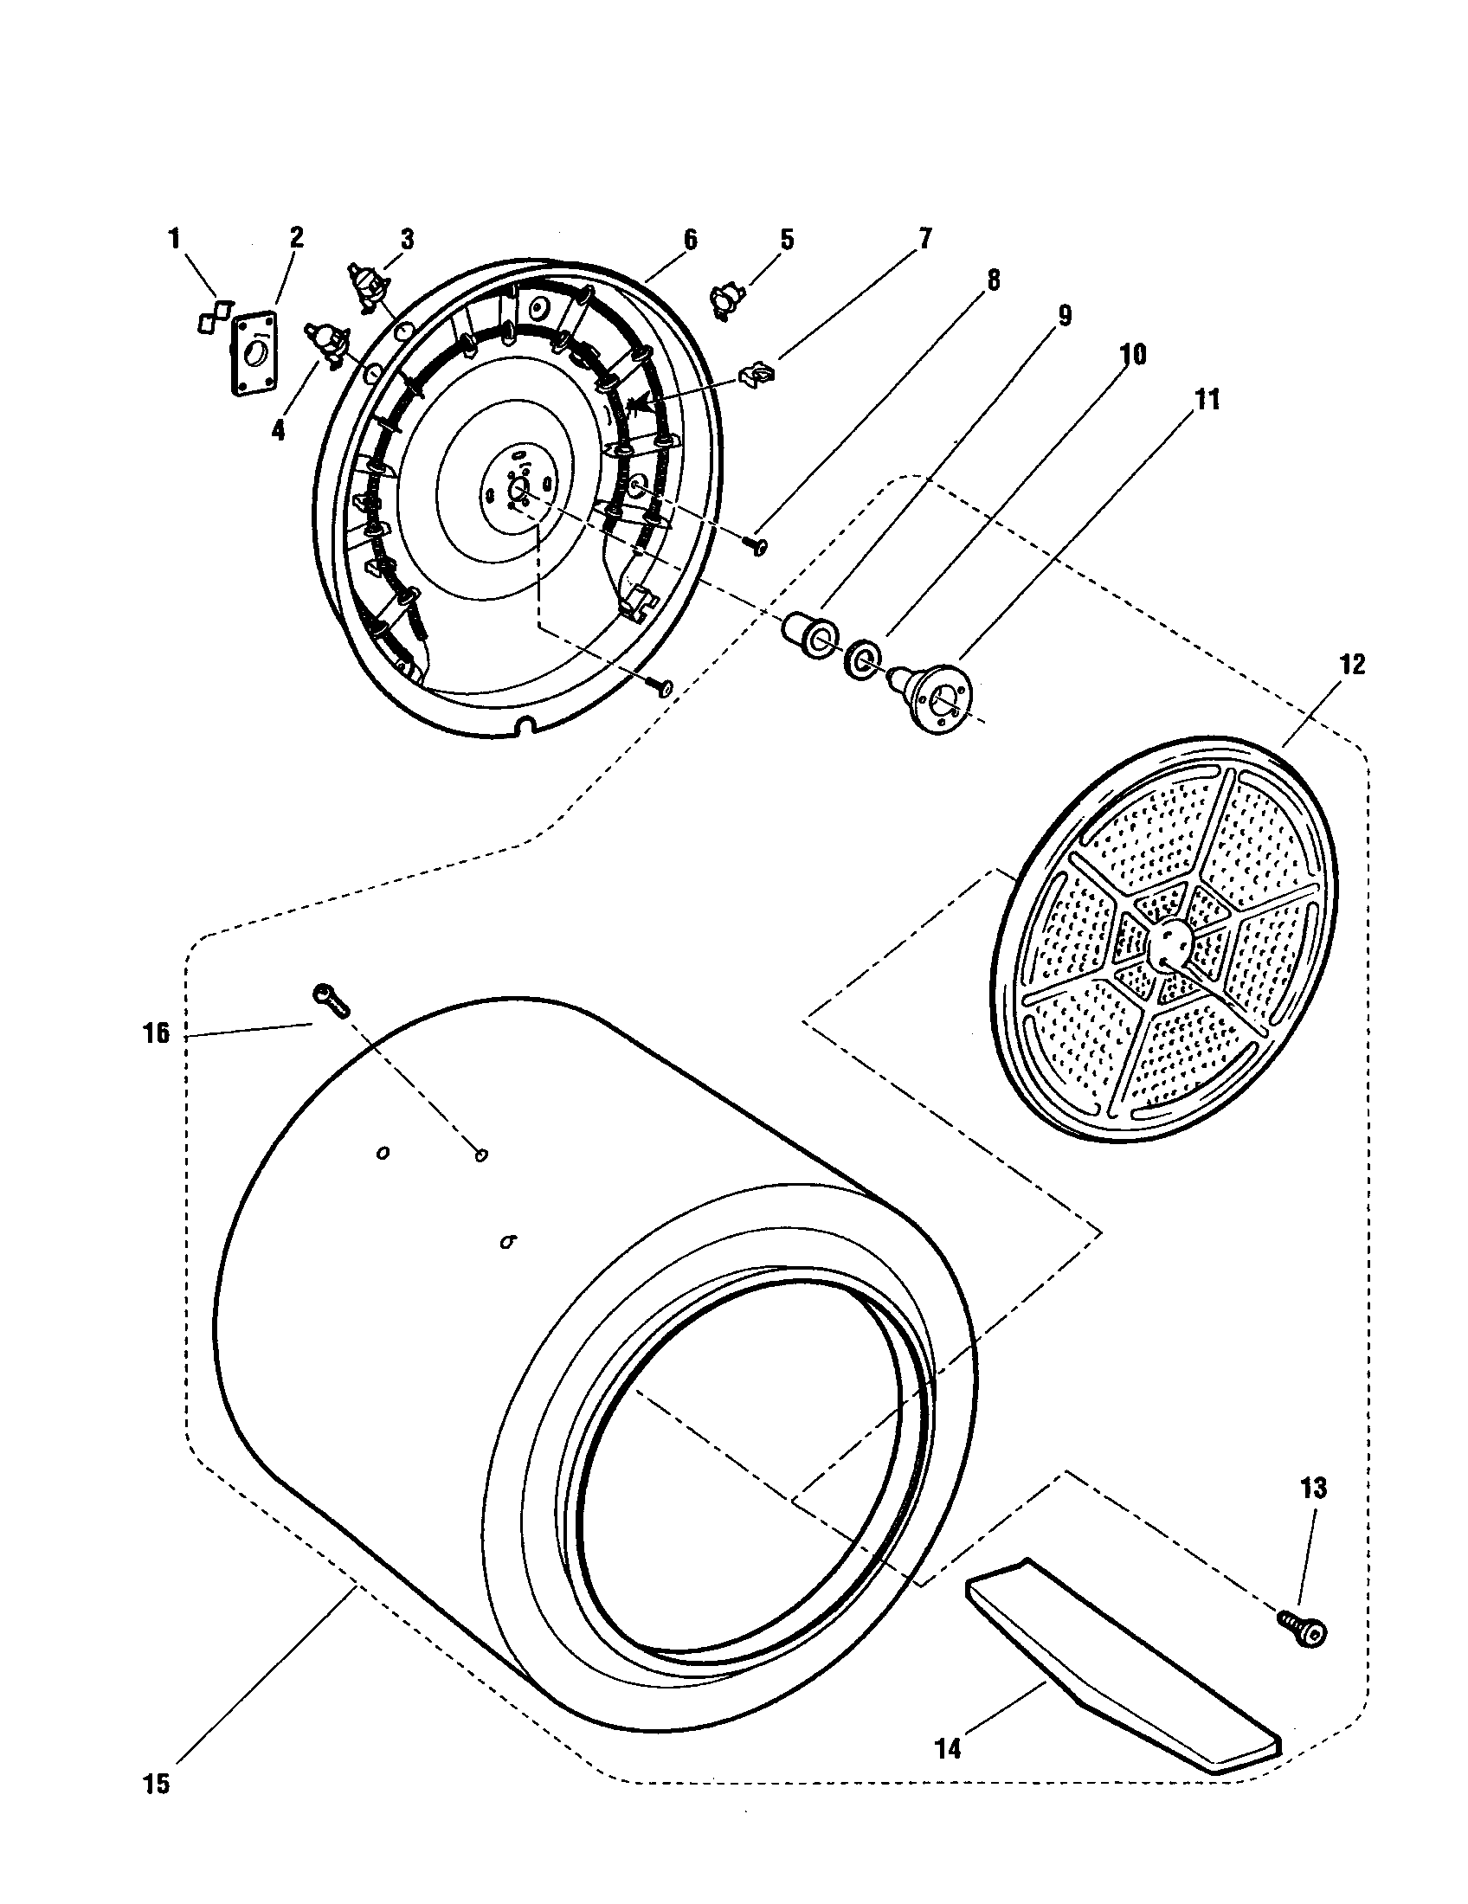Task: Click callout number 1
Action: click(x=174, y=237)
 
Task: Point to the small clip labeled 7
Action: click(x=754, y=376)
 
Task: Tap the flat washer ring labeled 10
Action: click(x=861, y=660)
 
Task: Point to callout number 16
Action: click(x=156, y=1035)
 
